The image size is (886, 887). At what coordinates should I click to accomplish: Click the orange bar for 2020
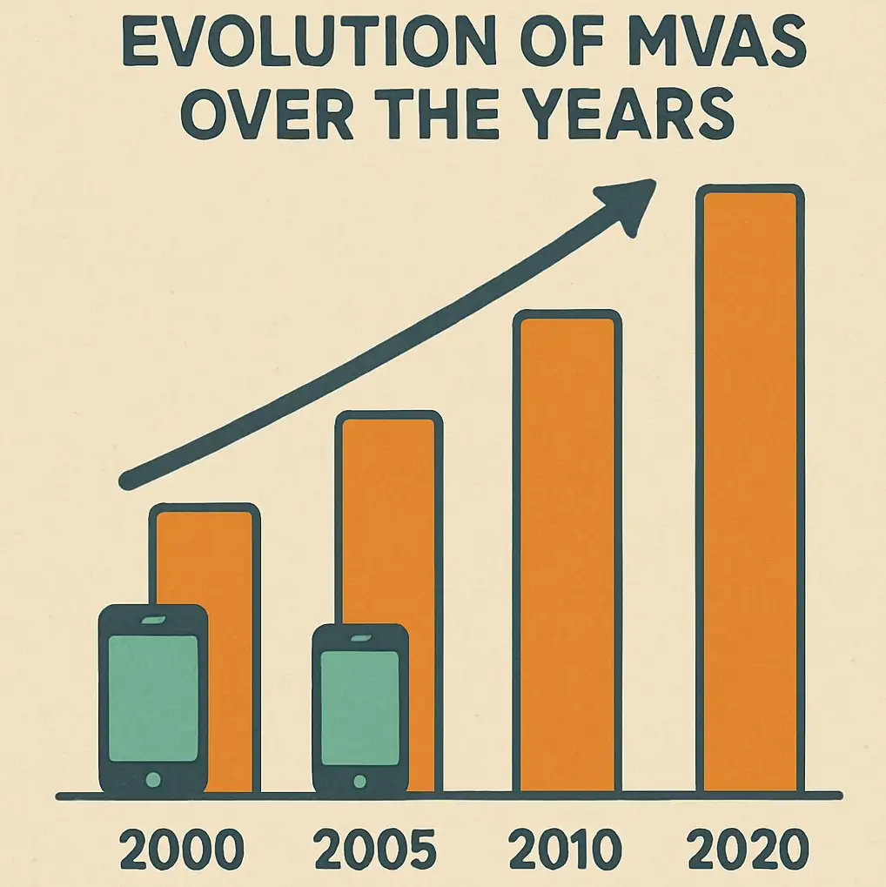pos(749,487)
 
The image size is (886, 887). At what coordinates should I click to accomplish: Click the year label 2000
pos(182,850)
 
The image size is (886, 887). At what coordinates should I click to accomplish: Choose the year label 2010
pos(566,850)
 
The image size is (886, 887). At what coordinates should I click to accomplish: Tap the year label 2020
pos(750,850)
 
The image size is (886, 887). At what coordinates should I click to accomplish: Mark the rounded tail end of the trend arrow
pos(128,480)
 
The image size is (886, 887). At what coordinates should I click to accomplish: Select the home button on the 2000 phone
pos(153,778)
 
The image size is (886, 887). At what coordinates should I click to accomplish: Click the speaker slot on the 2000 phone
pos(153,619)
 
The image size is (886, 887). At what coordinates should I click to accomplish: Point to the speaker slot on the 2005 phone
pos(359,637)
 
